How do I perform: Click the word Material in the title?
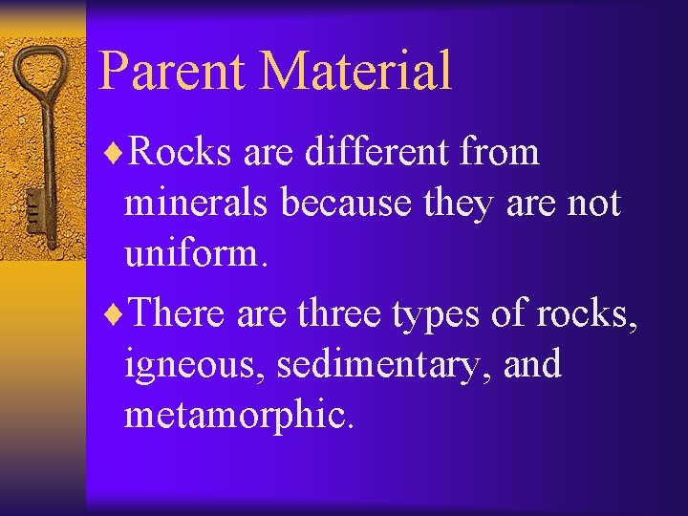click(x=355, y=70)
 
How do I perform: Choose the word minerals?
click(x=197, y=204)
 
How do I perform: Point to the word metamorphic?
click(x=239, y=418)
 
